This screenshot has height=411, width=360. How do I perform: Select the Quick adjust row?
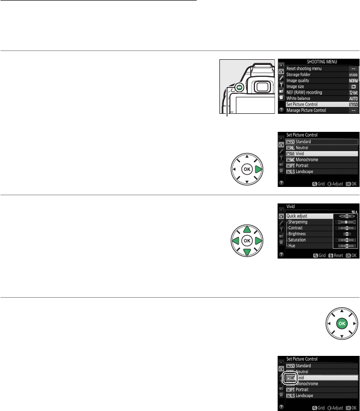(x=298, y=215)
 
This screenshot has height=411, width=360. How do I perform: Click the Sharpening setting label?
(x=299, y=222)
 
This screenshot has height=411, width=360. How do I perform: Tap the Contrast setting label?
(x=297, y=228)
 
